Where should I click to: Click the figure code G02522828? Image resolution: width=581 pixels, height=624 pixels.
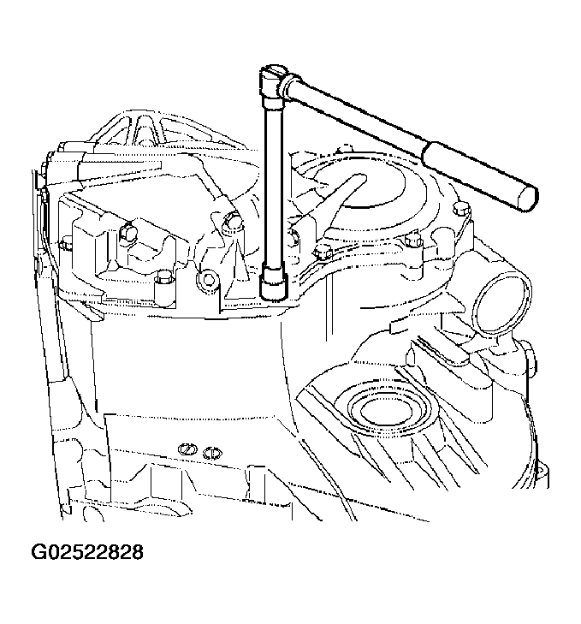pos(86,552)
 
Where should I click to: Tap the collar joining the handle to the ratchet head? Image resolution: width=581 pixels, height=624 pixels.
pos(288,85)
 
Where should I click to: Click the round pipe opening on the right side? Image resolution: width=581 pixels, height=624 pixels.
pos(501,304)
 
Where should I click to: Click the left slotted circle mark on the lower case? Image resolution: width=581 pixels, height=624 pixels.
pos(187,449)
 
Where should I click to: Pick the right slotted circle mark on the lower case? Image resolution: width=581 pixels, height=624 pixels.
pos(212,454)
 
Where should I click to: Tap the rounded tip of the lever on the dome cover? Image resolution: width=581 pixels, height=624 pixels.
pos(359,179)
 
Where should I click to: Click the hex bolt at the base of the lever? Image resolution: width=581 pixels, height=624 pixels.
pos(323,252)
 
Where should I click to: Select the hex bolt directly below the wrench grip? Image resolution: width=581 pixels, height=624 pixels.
pos(461,209)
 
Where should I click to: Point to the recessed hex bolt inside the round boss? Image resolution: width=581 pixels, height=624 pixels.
pos(207,280)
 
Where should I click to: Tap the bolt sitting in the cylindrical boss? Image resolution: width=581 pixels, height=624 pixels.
pos(164,278)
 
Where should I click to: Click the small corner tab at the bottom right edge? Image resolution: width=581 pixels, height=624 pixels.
pos(541,477)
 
